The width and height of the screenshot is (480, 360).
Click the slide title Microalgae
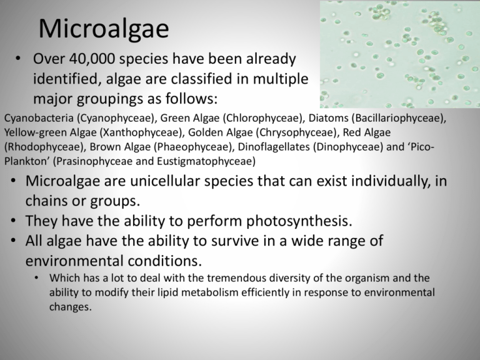tap(104, 29)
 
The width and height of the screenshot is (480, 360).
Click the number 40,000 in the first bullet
tap(92, 59)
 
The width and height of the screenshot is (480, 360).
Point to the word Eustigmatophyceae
tap(206, 162)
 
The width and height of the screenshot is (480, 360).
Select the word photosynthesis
tap(299, 221)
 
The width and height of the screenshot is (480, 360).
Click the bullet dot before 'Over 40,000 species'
tap(18, 58)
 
